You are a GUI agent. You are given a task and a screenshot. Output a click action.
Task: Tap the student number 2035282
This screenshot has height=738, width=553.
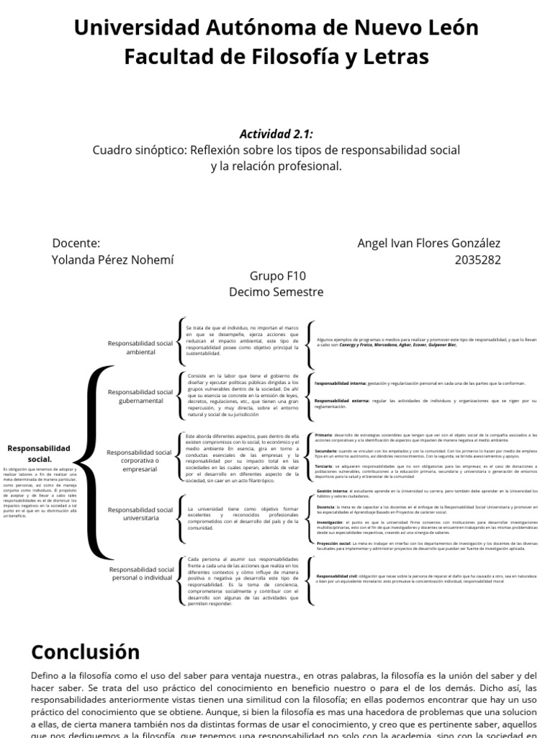point(477,259)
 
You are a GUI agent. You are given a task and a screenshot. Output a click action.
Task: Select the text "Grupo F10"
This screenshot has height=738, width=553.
point(277,276)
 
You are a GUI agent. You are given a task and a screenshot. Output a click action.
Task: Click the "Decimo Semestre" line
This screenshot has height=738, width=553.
point(276,292)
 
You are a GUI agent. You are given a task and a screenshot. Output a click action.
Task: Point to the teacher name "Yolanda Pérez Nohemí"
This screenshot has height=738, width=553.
point(113,259)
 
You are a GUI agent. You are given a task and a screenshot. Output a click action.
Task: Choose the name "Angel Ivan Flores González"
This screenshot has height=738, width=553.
point(428,244)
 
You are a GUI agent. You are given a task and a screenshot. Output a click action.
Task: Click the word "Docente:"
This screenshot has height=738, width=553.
point(76,244)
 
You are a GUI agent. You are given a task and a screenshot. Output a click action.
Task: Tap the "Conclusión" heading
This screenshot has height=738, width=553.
point(86,652)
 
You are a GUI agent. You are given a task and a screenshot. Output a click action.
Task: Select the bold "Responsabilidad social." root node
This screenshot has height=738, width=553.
point(40,453)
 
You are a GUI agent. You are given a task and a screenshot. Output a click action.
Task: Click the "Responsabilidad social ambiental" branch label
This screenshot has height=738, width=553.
point(140,347)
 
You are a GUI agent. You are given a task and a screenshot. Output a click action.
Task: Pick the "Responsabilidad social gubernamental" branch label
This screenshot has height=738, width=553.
point(140,396)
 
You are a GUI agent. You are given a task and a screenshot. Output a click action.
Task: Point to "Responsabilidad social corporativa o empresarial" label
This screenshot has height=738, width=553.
point(139,461)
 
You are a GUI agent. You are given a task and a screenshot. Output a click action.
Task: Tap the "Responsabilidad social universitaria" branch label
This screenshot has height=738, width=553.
point(140,514)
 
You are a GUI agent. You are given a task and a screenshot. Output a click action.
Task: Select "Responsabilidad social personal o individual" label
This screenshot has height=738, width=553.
point(142,574)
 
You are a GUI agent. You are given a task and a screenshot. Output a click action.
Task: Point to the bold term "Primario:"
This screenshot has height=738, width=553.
point(323,435)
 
